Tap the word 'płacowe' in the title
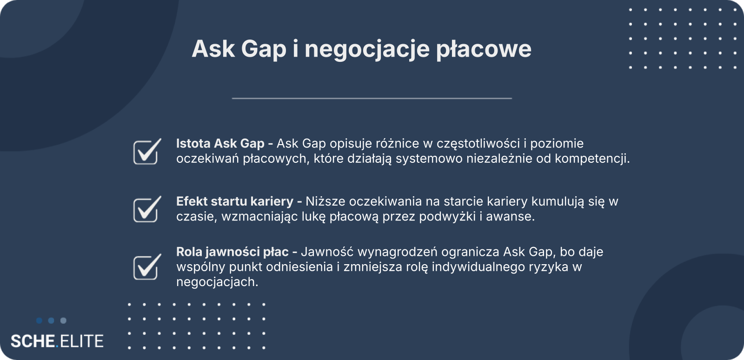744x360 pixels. click(484, 50)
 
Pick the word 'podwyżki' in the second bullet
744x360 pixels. click(447, 217)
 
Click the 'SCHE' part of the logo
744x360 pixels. click(33, 341)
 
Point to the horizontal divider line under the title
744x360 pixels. click(372, 98)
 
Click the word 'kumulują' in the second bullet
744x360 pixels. click(558, 201)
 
